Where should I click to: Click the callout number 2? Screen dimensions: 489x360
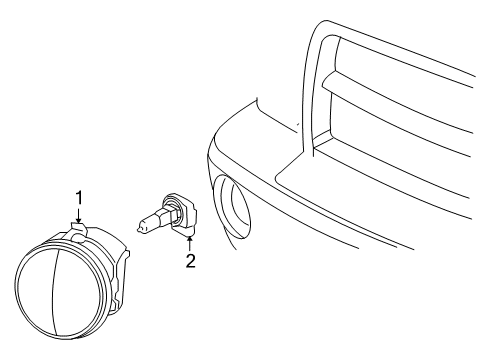[187, 263]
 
